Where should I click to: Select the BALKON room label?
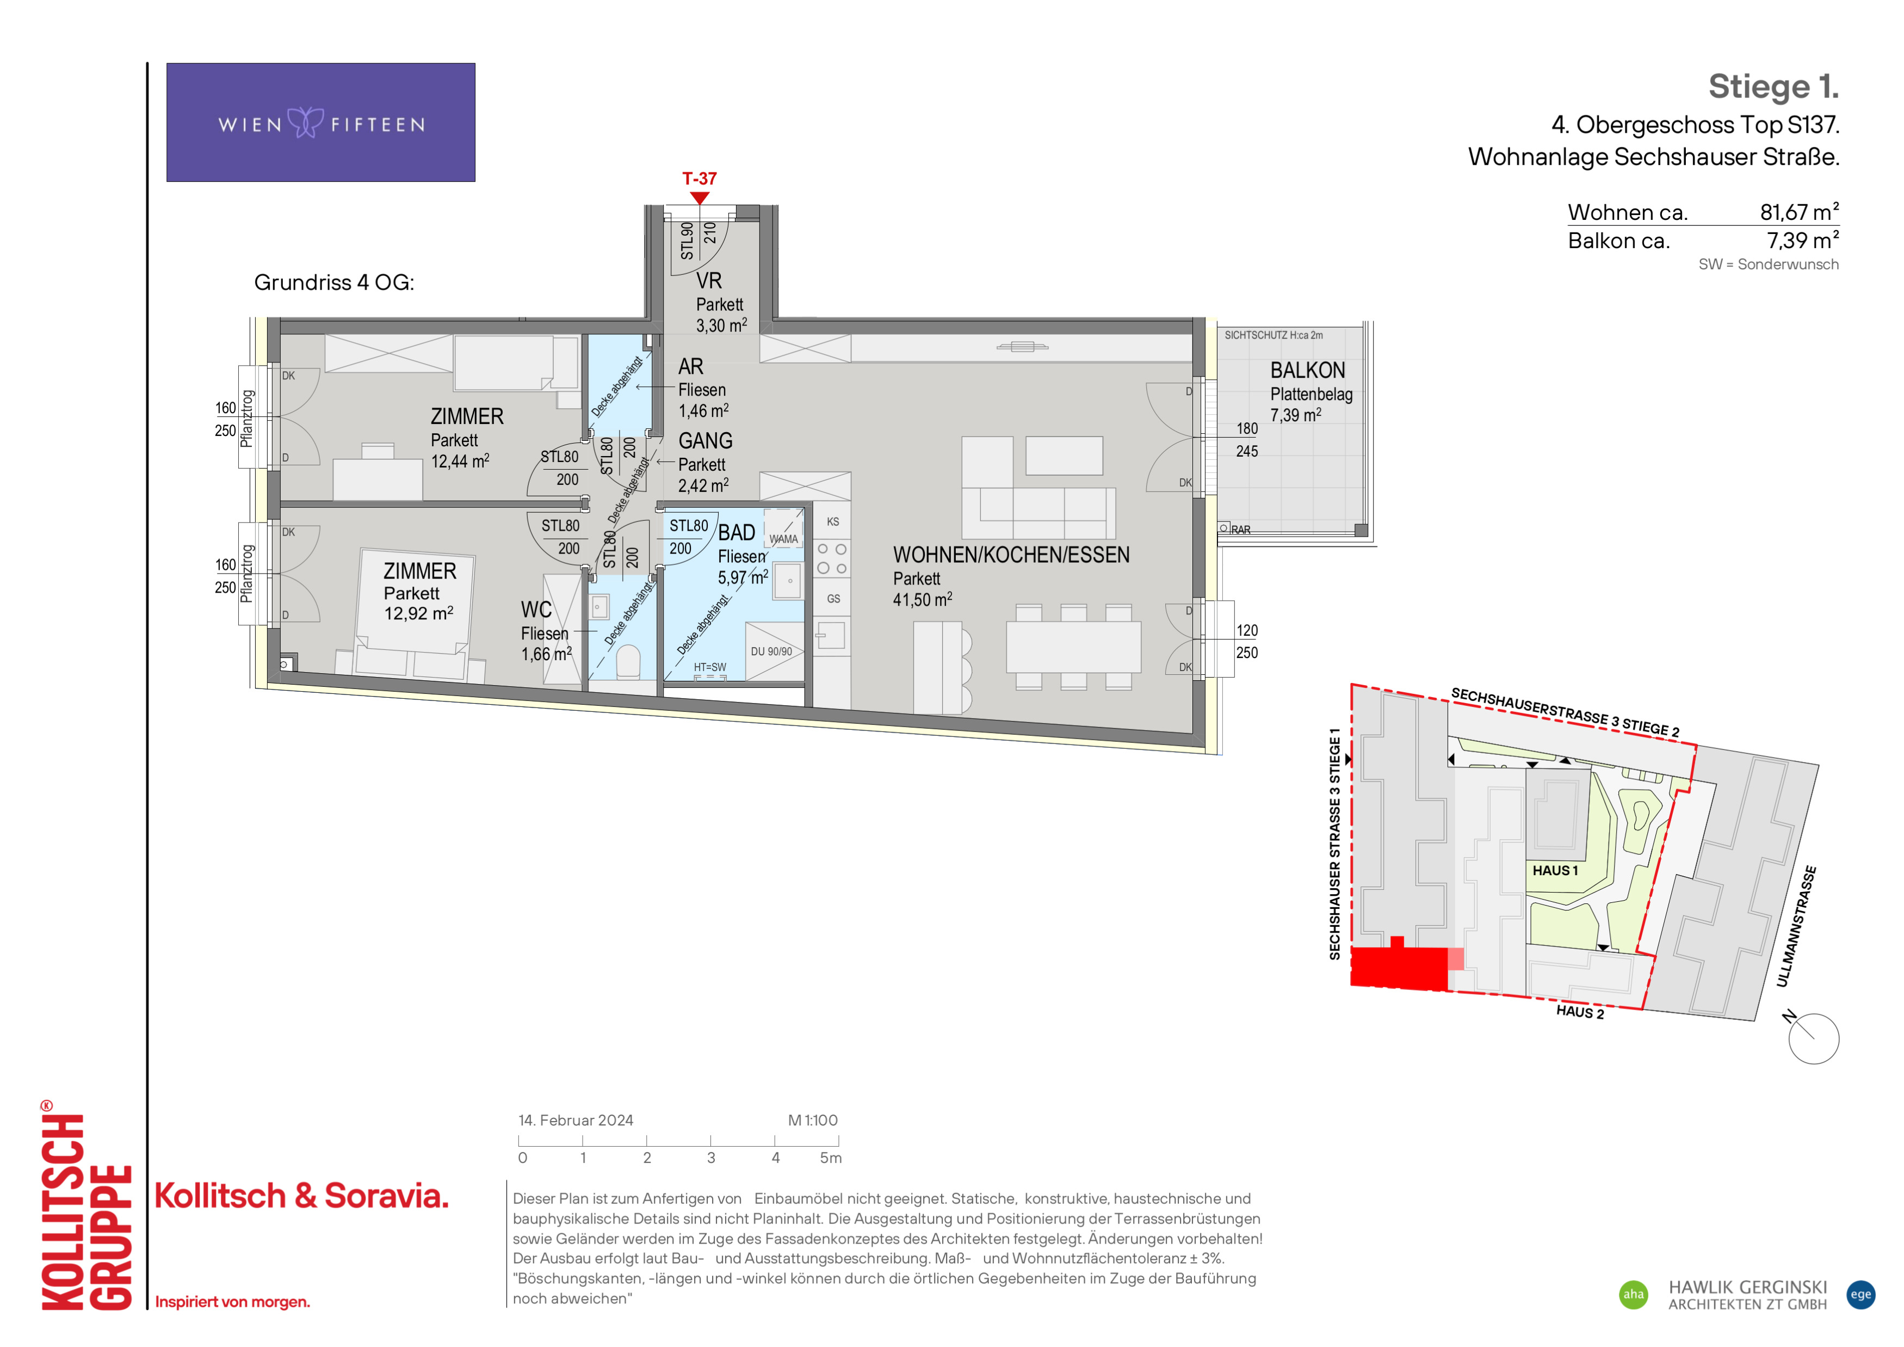(x=1308, y=371)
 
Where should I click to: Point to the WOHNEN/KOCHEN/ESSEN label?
(x=1011, y=555)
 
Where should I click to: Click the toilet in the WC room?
(x=628, y=661)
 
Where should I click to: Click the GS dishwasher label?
(x=833, y=599)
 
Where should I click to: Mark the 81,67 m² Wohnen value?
(x=1800, y=212)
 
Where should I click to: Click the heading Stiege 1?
(x=1774, y=86)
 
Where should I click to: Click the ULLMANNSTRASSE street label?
(x=1796, y=926)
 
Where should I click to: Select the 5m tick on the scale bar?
(x=838, y=1141)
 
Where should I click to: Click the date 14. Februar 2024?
(x=576, y=1121)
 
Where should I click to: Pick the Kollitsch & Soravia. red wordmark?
(x=301, y=1196)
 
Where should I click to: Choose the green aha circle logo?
(x=1634, y=1295)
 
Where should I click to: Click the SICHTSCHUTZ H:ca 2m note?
(x=1274, y=335)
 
